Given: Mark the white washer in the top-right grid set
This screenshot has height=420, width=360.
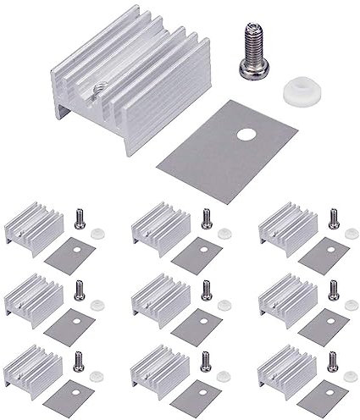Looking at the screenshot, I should point(351,234).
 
